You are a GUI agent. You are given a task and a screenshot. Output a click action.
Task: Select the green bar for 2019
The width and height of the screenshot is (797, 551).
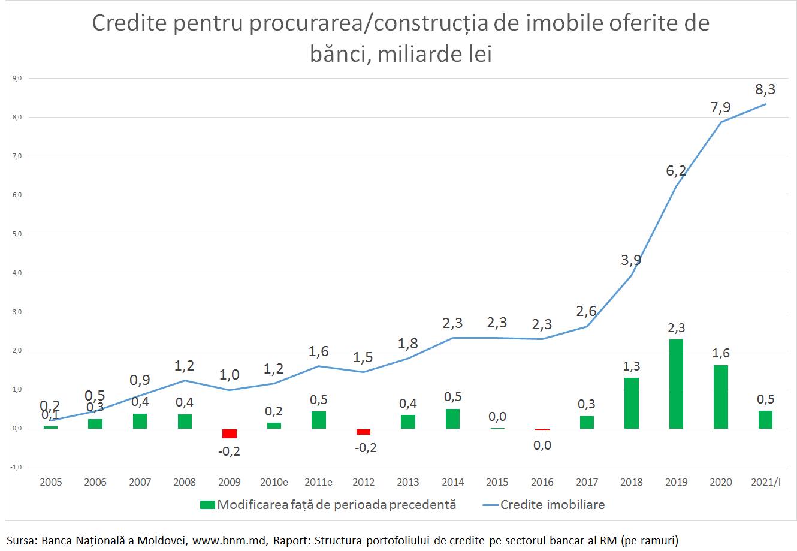point(676,384)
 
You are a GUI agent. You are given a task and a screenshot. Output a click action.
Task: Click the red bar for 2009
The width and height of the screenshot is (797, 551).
point(230,433)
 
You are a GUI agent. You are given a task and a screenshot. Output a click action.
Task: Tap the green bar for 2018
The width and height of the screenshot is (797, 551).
point(632,403)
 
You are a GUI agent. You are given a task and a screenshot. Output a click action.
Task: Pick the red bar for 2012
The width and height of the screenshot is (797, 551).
point(363,432)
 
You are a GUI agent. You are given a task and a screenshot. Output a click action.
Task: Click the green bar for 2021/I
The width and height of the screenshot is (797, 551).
point(765,420)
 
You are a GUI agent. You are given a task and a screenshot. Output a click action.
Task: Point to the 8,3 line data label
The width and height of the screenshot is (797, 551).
point(765,90)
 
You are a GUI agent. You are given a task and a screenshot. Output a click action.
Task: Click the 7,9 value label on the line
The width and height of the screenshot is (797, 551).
point(720,107)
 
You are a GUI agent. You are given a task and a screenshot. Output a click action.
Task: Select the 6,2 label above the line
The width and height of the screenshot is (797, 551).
point(676,171)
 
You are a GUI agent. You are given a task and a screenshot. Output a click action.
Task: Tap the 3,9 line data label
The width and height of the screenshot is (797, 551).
point(631,260)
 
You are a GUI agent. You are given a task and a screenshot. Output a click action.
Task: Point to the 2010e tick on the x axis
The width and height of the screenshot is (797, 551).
point(274,482)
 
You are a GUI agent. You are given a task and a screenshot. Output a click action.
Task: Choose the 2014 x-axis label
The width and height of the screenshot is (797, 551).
point(452,482)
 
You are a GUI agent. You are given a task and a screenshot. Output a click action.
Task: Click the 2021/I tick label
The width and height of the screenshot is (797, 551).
point(765,482)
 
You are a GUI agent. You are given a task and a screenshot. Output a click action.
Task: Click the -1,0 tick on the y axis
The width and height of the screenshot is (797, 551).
point(16,468)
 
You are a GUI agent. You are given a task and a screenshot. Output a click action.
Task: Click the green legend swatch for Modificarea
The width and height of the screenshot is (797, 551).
point(207,505)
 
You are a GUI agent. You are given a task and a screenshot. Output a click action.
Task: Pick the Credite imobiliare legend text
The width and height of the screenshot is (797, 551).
point(553,505)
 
